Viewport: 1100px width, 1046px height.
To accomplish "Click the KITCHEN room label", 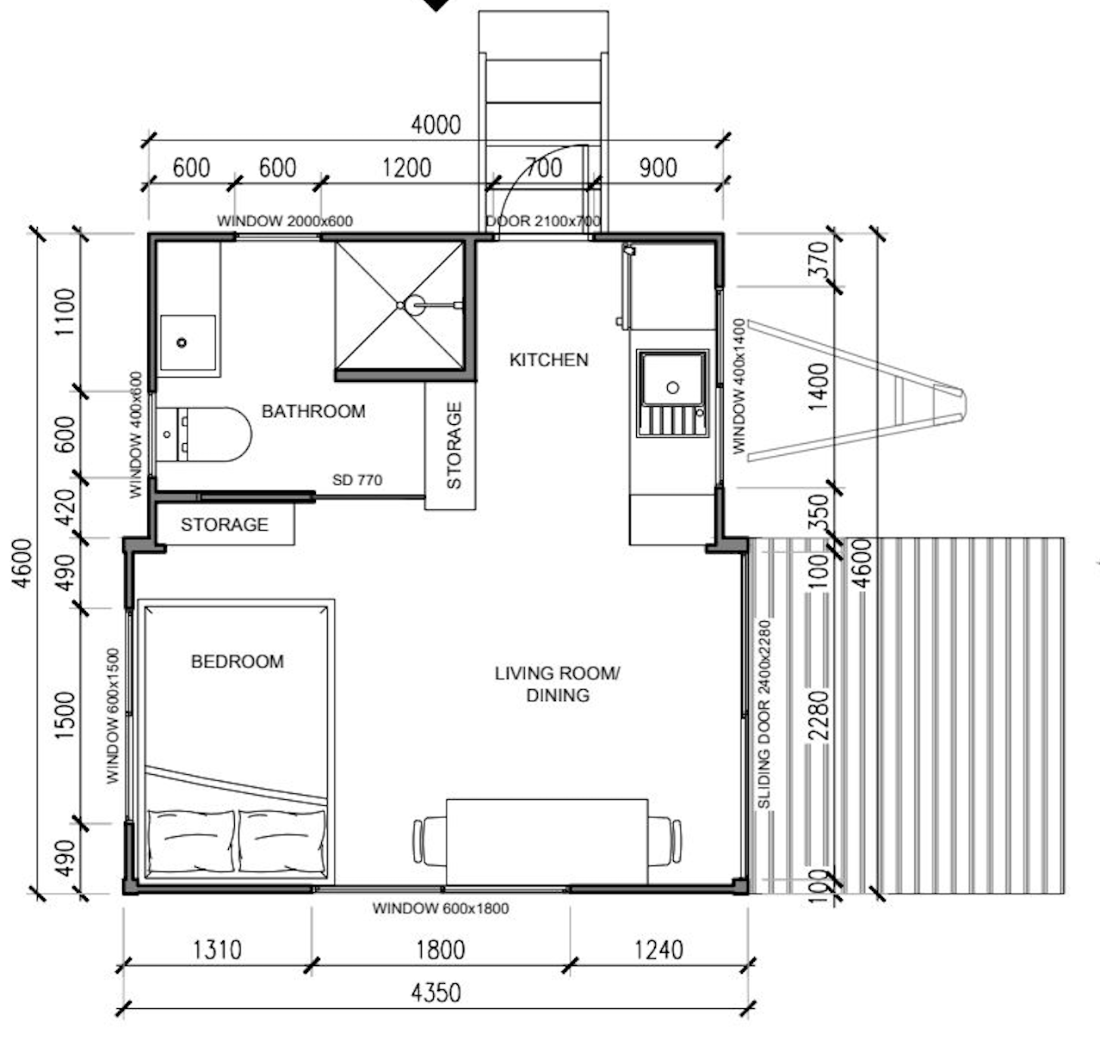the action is point(548,360).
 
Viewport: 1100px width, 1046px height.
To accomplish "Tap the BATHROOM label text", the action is point(313,412).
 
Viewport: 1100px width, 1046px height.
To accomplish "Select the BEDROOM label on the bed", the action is point(238,661).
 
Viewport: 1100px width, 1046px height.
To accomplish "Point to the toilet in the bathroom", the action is point(204,434).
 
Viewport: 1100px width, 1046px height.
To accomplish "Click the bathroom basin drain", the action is point(182,342).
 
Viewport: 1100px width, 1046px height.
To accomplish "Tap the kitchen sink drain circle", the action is point(672,387).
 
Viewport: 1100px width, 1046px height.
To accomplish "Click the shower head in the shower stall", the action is point(415,305).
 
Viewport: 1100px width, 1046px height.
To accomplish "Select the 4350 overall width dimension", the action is point(436,994).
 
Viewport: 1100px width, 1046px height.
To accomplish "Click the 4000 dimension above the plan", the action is point(436,125).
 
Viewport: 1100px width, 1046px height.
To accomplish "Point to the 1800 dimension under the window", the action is point(441,950).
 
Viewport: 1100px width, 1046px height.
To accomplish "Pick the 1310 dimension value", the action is point(217,950).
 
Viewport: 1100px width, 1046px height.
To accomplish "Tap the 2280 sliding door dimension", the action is point(819,716).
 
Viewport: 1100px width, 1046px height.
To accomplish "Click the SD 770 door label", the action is point(357,480).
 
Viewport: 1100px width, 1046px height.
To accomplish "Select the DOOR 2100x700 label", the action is point(543,221).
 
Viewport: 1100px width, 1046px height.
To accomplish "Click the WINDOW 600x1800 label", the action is point(441,909).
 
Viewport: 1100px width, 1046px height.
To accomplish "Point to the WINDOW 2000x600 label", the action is point(285,221).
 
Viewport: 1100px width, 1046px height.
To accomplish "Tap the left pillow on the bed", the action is point(191,840).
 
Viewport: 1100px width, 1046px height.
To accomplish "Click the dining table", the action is point(547,842).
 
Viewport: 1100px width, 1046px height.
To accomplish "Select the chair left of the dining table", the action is point(429,841).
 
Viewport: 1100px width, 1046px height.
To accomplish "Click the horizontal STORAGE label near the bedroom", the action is point(225,525).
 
